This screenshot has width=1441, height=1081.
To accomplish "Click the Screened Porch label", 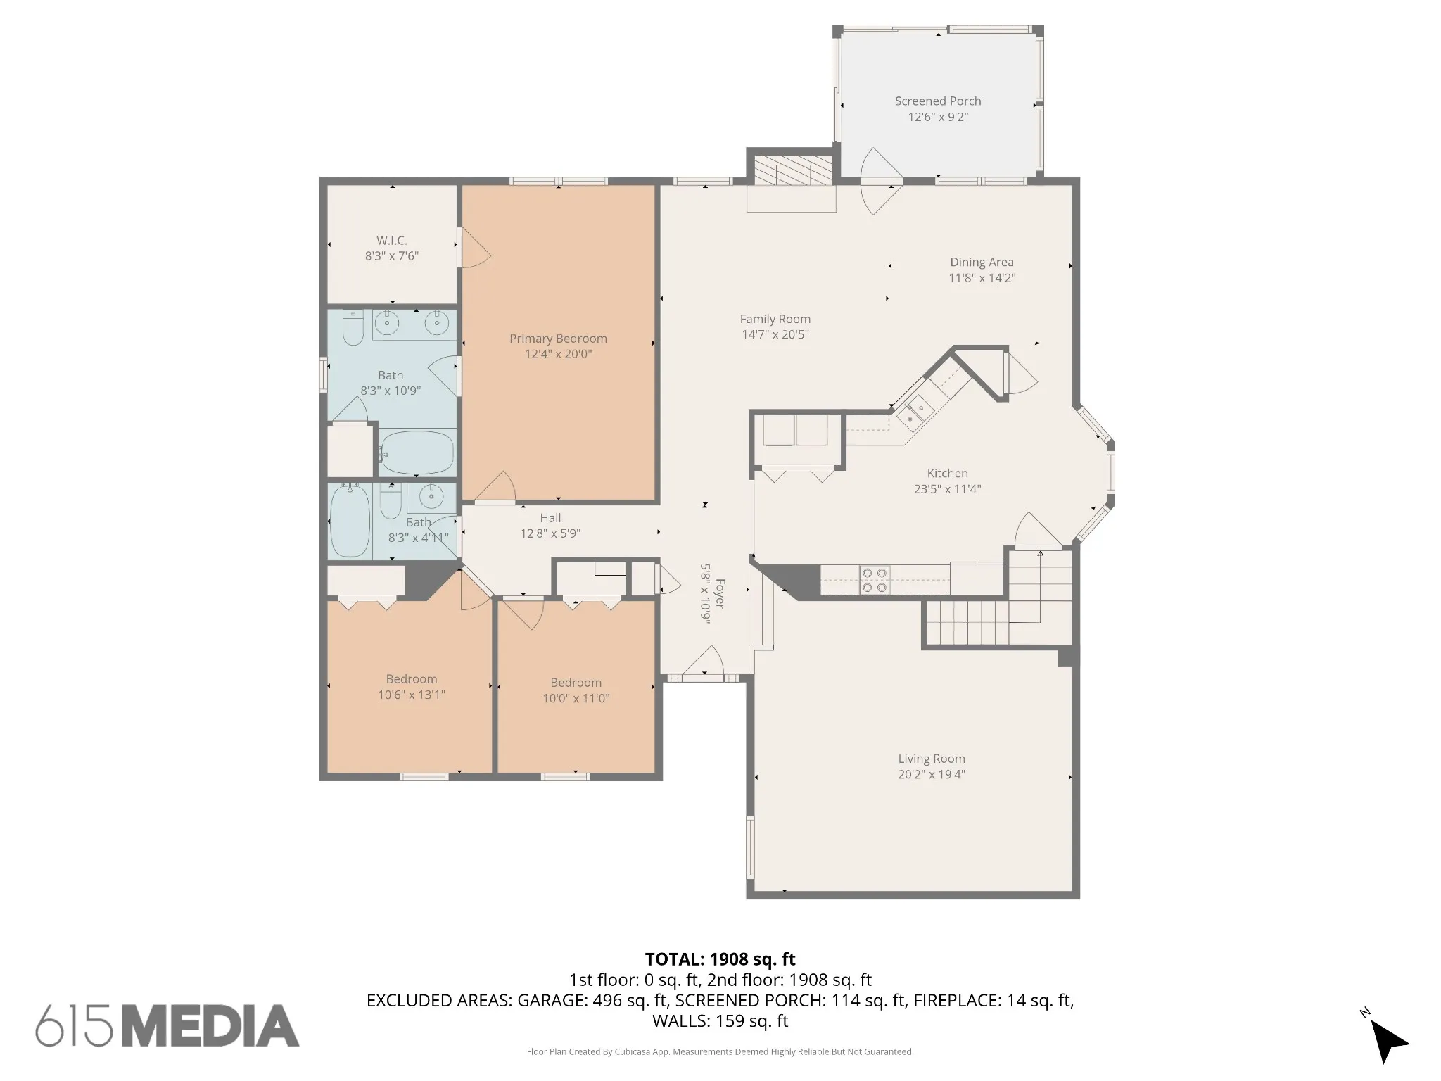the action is [938, 101].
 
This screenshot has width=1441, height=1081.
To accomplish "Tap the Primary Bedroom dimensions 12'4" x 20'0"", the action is [558, 354].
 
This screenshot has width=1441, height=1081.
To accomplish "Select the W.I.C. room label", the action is [392, 241].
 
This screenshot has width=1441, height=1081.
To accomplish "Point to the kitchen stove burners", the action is [875, 580].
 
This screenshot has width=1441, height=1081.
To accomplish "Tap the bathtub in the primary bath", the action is [417, 453].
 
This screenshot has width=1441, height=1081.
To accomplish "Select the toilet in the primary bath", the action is [353, 327].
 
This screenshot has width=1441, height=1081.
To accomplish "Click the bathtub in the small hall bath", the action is [350, 521].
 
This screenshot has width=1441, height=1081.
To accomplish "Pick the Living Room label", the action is [932, 759].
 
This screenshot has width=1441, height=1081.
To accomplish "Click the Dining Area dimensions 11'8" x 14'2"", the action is [982, 278].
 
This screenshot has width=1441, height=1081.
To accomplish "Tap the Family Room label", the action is [775, 320].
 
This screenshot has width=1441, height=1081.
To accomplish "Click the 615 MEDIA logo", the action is [167, 1025].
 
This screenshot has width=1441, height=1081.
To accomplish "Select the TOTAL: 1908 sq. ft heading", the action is [720, 959].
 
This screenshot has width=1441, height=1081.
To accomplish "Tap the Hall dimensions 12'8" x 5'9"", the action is [550, 533].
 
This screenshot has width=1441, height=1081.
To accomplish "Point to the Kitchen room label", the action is [947, 474].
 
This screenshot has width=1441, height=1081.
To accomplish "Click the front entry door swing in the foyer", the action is [704, 663].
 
